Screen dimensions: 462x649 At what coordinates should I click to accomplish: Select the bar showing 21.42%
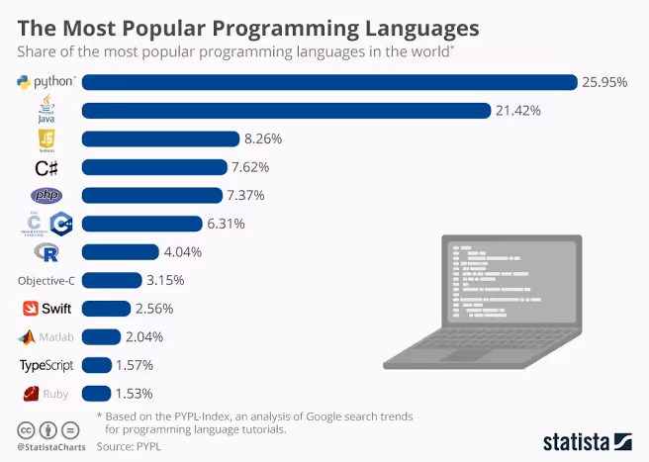(x=287, y=110)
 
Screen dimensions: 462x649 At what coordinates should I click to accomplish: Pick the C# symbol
(x=46, y=167)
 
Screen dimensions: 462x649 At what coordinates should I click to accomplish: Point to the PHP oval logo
(x=46, y=196)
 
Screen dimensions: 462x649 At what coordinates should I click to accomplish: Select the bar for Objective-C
(x=111, y=280)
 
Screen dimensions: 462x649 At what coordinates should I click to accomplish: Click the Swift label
(x=46, y=309)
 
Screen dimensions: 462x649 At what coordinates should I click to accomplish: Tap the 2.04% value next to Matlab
(x=144, y=336)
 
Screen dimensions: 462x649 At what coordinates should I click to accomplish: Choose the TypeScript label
(x=46, y=365)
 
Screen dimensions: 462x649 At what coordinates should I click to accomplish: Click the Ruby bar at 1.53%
(x=96, y=394)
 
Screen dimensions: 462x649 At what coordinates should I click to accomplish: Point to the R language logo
(x=46, y=252)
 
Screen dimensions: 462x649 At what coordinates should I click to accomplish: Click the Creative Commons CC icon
(x=27, y=430)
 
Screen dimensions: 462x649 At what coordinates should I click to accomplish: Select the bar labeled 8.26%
(x=160, y=139)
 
